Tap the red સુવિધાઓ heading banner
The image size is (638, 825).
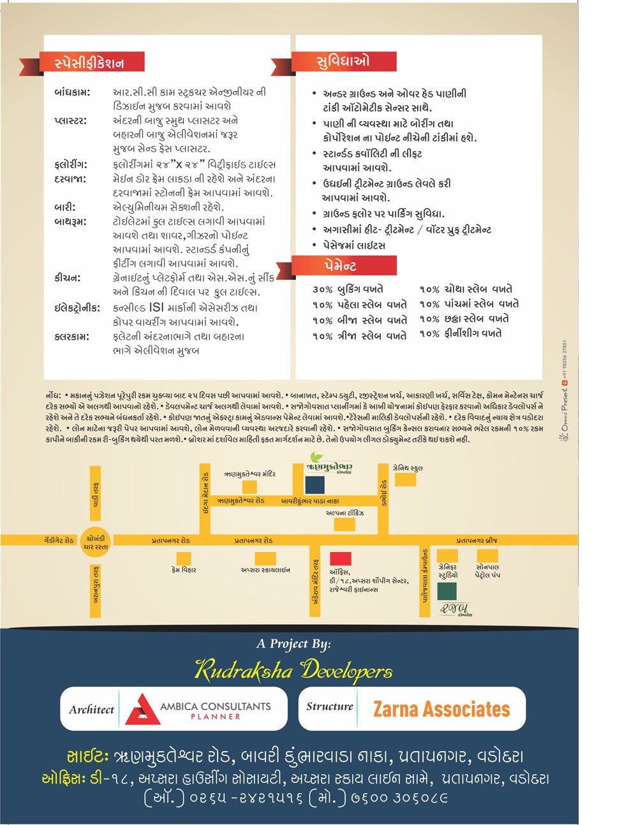click(344, 62)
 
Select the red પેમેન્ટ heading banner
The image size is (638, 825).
click(344, 265)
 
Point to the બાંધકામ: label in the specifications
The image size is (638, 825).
click(72, 92)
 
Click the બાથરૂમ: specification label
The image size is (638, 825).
click(70, 222)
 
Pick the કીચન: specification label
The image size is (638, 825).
click(68, 278)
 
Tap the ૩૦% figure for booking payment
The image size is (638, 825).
click(323, 289)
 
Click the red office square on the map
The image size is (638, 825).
click(341, 559)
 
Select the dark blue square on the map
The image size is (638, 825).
click(315, 484)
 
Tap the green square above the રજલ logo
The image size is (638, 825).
click(447, 590)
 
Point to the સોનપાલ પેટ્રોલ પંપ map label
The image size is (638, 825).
click(487, 571)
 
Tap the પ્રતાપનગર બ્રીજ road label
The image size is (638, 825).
click(477, 541)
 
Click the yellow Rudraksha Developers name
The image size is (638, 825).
click(293, 671)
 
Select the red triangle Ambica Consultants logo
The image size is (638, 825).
click(142, 709)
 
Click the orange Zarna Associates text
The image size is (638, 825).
click(441, 709)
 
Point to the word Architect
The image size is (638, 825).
click(91, 710)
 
